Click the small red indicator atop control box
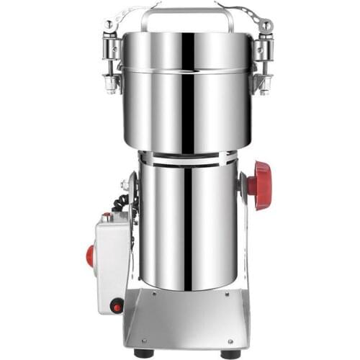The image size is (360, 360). (107, 215)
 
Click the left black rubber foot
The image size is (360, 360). (144, 354)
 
